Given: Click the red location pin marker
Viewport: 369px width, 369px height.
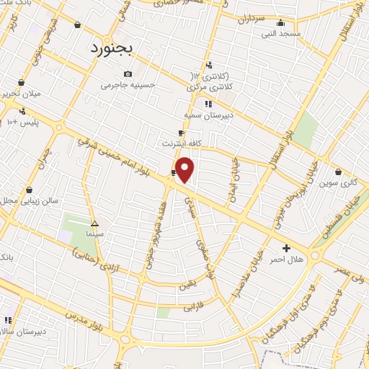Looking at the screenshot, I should point(186,169).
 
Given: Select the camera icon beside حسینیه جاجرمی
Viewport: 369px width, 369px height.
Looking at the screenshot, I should point(128,74).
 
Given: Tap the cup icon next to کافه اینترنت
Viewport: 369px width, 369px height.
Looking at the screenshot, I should point(182,133).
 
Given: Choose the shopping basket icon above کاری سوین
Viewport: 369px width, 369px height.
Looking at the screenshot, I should point(339,172).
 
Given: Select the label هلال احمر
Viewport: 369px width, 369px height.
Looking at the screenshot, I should point(288,259).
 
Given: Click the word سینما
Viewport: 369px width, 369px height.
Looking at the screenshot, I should point(94,234).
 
